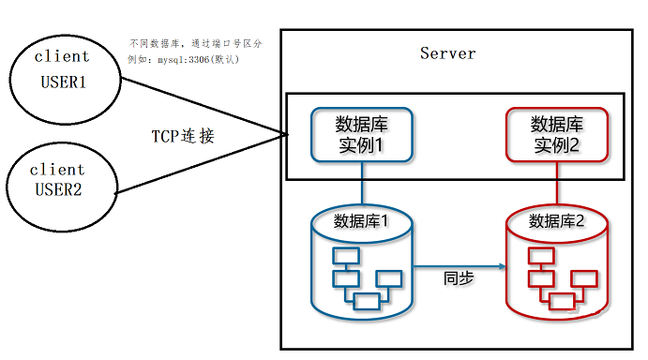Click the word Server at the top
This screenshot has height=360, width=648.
coord(447,52)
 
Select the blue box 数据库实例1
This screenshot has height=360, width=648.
coord(362,136)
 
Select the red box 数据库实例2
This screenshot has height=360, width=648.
coord(557,136)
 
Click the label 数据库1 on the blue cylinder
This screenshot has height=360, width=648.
coord(361,221)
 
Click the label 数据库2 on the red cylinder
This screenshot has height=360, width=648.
coord(557,221)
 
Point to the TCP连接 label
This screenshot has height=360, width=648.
coord(184,136)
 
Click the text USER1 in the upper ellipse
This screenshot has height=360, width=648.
coord(63,82)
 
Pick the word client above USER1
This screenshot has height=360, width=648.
coord(62,57)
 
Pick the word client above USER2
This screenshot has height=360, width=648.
coord(57,170)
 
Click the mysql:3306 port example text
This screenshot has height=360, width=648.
coord(184,59)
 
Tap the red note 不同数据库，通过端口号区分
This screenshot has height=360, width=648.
coord(195,44)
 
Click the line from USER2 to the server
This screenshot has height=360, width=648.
coord(202,165)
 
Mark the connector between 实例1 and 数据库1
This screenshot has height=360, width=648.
coord(362,182)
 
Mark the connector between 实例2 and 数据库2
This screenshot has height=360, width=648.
coord(557,182)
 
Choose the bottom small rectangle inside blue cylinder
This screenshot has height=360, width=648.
coord(367,300)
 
